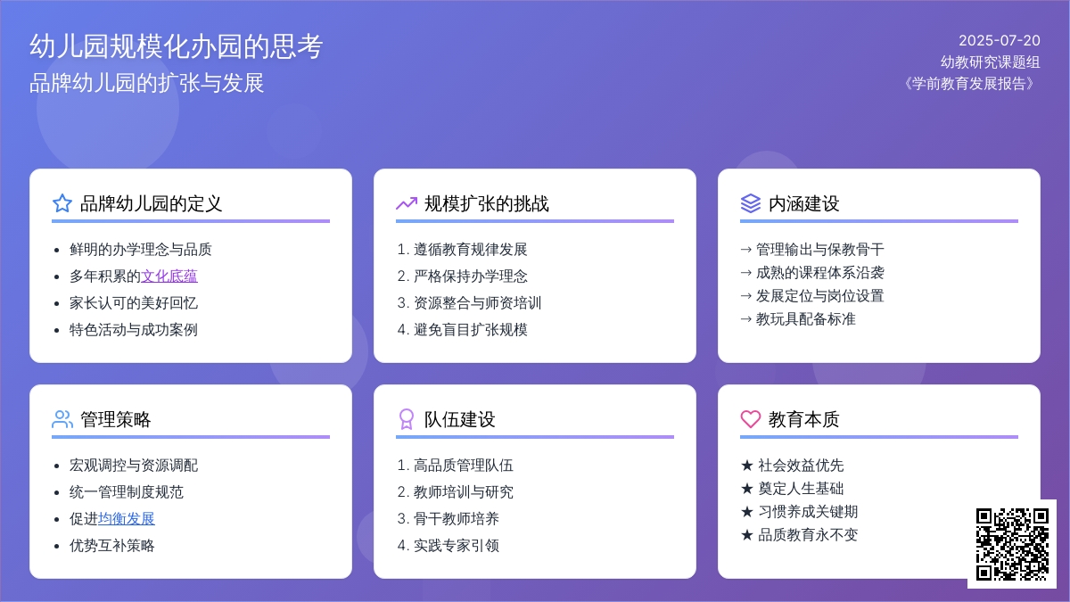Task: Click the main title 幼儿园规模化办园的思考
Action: click(177, 46)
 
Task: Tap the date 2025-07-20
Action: click(1000, 41)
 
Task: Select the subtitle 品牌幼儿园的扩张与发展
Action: click(146, 83)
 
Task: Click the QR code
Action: click(1012, 544)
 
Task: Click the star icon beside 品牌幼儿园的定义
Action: click(62, 203)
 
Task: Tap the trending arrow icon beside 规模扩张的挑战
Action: click(407, 203)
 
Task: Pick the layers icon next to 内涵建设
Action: click(751, 203)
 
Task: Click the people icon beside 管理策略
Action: click(62, 419)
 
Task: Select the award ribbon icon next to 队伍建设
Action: click(407, 419)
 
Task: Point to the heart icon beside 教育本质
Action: click(751, 419)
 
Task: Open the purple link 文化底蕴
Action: click(169, 276)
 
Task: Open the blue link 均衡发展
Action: click(126, 519)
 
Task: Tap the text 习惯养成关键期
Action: click(808, 512)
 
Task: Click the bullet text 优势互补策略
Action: click(111, 546)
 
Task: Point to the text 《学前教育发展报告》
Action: click(969, 84)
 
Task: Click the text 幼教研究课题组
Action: click(991, 62)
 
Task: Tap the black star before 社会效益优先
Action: click(747, 466)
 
